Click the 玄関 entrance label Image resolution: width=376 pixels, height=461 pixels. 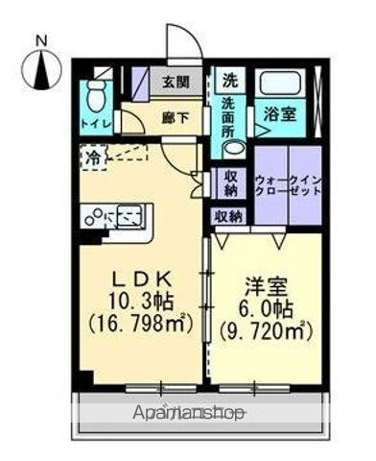click(x=175, y=83)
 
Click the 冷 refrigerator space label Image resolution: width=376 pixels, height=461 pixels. click(x=93, y=154)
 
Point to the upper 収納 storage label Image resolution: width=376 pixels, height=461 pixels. click(x=229, y=182)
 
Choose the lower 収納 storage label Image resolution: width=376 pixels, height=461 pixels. click(x=227, y=216)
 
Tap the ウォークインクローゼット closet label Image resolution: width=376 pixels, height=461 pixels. click(x=289, y=185)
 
